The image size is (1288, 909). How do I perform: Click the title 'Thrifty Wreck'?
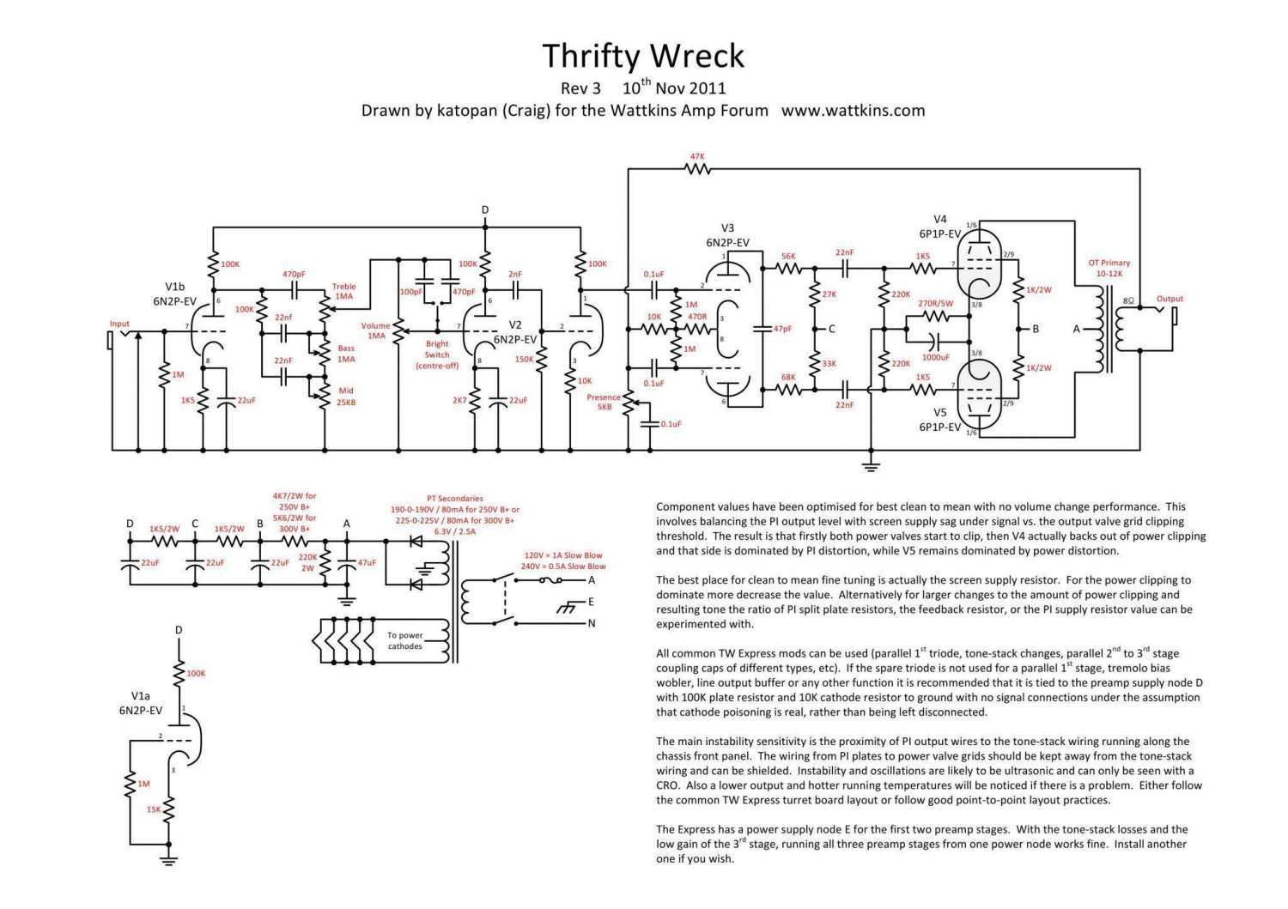643,56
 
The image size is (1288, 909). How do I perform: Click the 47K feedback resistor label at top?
697,157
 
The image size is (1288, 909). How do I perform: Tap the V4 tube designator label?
940,219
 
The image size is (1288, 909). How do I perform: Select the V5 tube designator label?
940,413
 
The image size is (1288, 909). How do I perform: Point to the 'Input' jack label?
119,324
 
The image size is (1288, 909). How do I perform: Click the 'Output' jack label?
1170,299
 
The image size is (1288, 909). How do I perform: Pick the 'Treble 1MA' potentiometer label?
343,291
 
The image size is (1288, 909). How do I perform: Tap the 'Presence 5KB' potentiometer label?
604,402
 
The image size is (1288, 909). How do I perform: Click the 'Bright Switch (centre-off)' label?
437,355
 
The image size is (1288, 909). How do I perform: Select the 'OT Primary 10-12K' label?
1109,268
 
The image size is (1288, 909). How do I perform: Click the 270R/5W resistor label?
935,303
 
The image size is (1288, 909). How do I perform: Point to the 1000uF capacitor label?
936,357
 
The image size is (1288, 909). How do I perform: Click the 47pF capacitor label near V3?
782,329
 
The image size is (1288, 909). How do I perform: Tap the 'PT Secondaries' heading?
454,498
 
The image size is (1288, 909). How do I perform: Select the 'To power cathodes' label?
405,640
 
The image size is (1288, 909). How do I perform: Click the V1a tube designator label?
141,697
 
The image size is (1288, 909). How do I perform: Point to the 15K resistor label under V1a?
153,809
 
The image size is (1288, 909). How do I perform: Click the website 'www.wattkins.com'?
853,110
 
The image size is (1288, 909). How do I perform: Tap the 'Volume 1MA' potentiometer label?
375,330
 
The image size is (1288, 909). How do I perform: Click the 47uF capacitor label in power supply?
367,563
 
